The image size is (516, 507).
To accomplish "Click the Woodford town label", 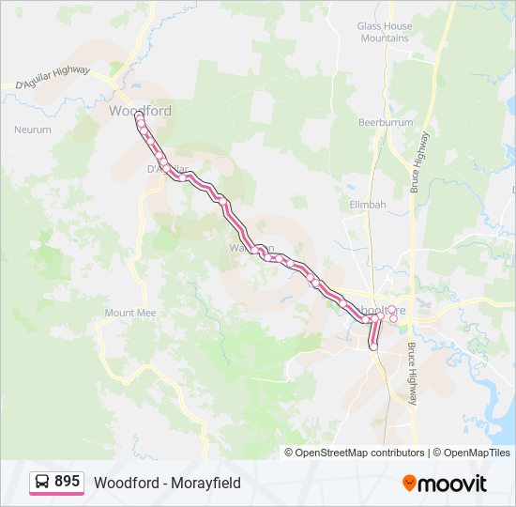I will [x=140, y=111].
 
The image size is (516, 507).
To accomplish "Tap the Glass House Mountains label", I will [x=385, y=32].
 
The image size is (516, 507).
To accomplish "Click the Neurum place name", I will [x=33, y=130].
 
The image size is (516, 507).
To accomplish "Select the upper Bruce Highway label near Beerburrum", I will [x=418, y=162].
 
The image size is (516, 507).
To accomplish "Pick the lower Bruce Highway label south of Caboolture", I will [x=412, y=374].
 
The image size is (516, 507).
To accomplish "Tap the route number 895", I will [x=68, y=482].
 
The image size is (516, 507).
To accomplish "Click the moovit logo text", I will [x=453, y=484].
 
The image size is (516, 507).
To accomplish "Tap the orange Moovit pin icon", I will [x=410, y=483].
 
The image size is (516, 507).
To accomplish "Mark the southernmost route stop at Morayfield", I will [x=373, y=347].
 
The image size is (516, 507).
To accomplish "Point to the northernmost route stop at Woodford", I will [x=139, y=116].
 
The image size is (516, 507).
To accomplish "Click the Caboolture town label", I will [x=384, y=310].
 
